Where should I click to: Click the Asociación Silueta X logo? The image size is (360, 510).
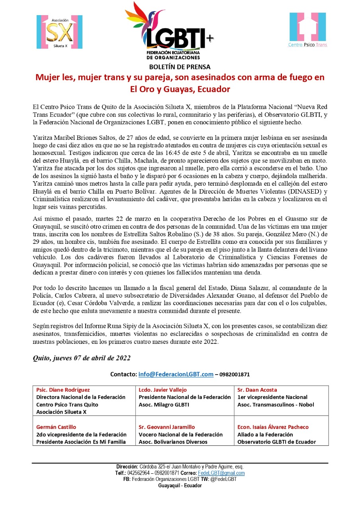click(x=59, y=32)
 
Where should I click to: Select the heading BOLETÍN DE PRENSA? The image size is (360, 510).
click(x=180, y=67)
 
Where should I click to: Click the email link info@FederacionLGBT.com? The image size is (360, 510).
click(x=176, y=375)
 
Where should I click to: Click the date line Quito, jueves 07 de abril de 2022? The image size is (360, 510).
click(x=82, y=358)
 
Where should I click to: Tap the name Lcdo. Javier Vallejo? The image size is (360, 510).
click(x=162, y=390)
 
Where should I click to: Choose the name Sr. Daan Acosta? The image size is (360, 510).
click(x=257, y=390)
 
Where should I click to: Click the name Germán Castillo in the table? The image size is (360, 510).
click(x=56, y=427)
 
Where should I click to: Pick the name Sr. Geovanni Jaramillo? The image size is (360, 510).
click(x=167, y=427)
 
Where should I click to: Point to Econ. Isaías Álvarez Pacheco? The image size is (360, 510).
click(x=273, y=427)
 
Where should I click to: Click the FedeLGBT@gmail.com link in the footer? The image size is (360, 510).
click(x=227, y=473)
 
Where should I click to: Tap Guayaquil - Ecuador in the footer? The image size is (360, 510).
click(x=180, y=486)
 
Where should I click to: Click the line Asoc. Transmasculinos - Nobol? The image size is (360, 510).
click(x=276, y=404)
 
